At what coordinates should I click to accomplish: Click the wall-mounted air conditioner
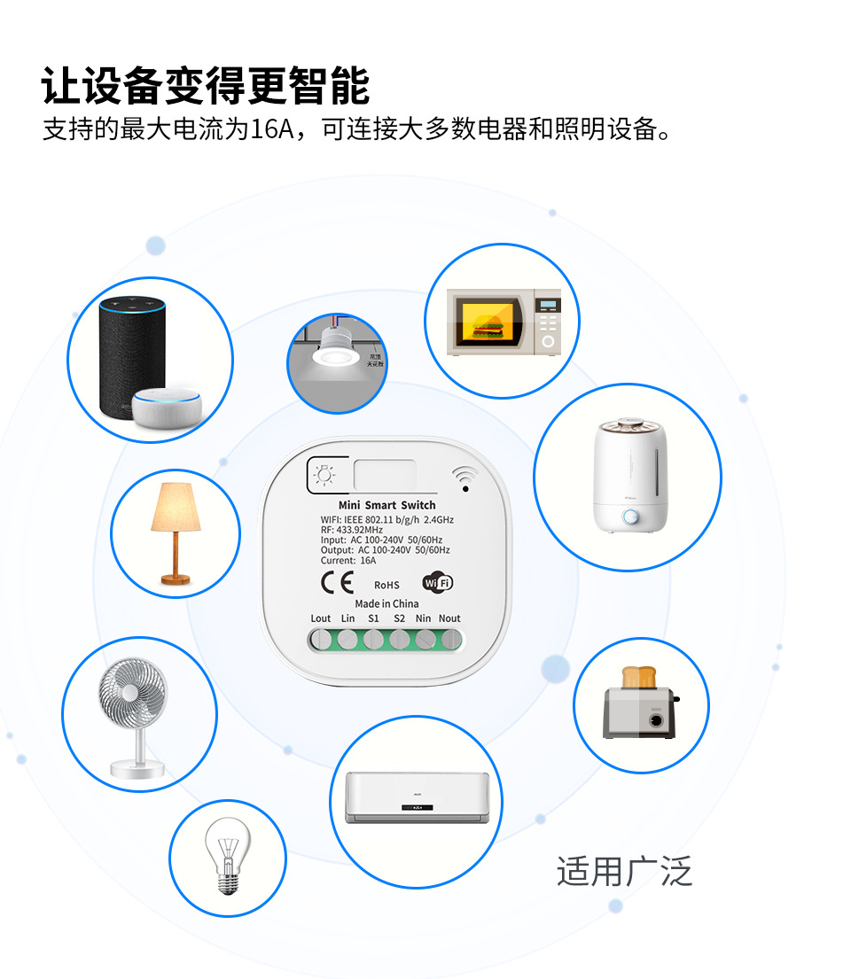tap(416, 796)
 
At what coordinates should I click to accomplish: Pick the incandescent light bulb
tap(227, 858)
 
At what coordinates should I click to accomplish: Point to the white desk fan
tap(137, 716)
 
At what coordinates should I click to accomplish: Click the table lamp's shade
tap(176, 509)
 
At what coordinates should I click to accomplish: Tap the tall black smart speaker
tap(132, 355)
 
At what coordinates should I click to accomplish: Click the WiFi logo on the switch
tap(438, 582)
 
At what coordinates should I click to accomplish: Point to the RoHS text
tap(386, 585)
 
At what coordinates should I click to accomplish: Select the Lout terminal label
tap(321, 618)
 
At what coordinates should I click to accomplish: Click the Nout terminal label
tap(449, 618)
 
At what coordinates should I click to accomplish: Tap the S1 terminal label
tap(373, 618)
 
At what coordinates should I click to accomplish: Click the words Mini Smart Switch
tap(387, 505)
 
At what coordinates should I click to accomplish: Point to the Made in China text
tap(386, 603)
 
